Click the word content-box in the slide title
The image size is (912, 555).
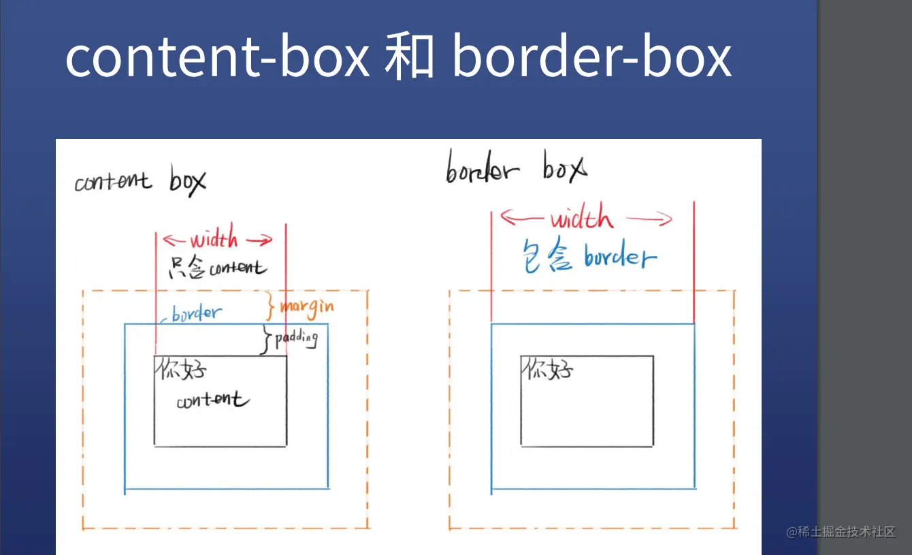[x=217, y=57]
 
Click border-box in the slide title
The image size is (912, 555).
[x=591, y=57]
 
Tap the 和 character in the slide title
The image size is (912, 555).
[x=409, y=57]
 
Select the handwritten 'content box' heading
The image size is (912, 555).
[x=140, y=181]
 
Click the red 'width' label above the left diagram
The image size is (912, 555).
[x=214, y=239]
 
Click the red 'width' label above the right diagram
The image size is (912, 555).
[x=581, y=219]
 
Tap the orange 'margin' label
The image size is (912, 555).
[x=307, y=307]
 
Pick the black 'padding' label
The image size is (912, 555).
[x=296, y=338]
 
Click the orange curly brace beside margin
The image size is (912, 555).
[x=270, y=307]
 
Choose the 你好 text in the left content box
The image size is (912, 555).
[x=180, y=370]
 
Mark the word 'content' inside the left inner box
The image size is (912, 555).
[x=212, y=400]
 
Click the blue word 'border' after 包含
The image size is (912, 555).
[x=619, y=257]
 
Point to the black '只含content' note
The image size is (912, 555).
[x=217, y=268]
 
